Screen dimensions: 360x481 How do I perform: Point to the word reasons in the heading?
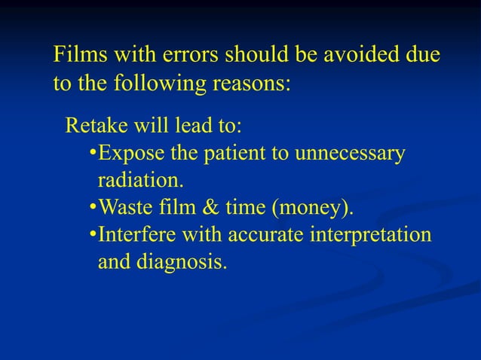tap(252, 83)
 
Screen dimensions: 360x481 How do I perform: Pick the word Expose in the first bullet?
tap(127, 154)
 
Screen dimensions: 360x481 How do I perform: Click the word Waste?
tap(124, 207)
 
